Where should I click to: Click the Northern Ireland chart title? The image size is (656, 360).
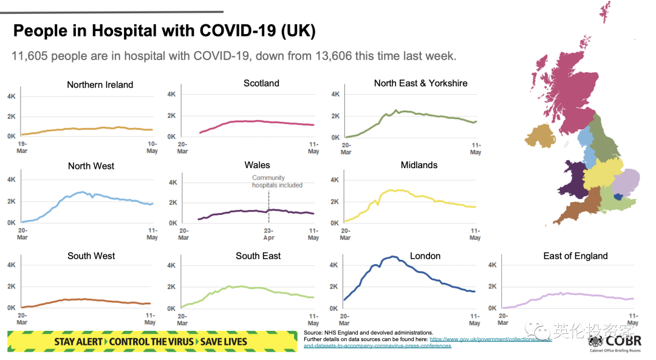(x=100, y=85)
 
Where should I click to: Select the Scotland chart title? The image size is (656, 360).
(x=261, y=83)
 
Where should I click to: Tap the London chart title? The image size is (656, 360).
(x=425, y=256)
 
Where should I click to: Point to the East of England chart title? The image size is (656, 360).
(x=575, y=256)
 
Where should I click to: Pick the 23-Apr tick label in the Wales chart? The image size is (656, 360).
(x=268, y=234)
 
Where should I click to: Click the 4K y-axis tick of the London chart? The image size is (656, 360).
(x=332, y=265)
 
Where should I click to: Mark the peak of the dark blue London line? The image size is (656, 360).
(x=393, y=257)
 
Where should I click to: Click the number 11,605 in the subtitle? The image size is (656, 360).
(x=30, y=56)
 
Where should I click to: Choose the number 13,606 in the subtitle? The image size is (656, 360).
(x=336, y=56)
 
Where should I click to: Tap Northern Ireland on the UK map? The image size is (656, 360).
(x=541, y=137)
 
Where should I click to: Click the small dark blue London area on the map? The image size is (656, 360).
(x=618, y=196)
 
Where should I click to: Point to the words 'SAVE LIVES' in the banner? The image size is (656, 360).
(x=225, y=341)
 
